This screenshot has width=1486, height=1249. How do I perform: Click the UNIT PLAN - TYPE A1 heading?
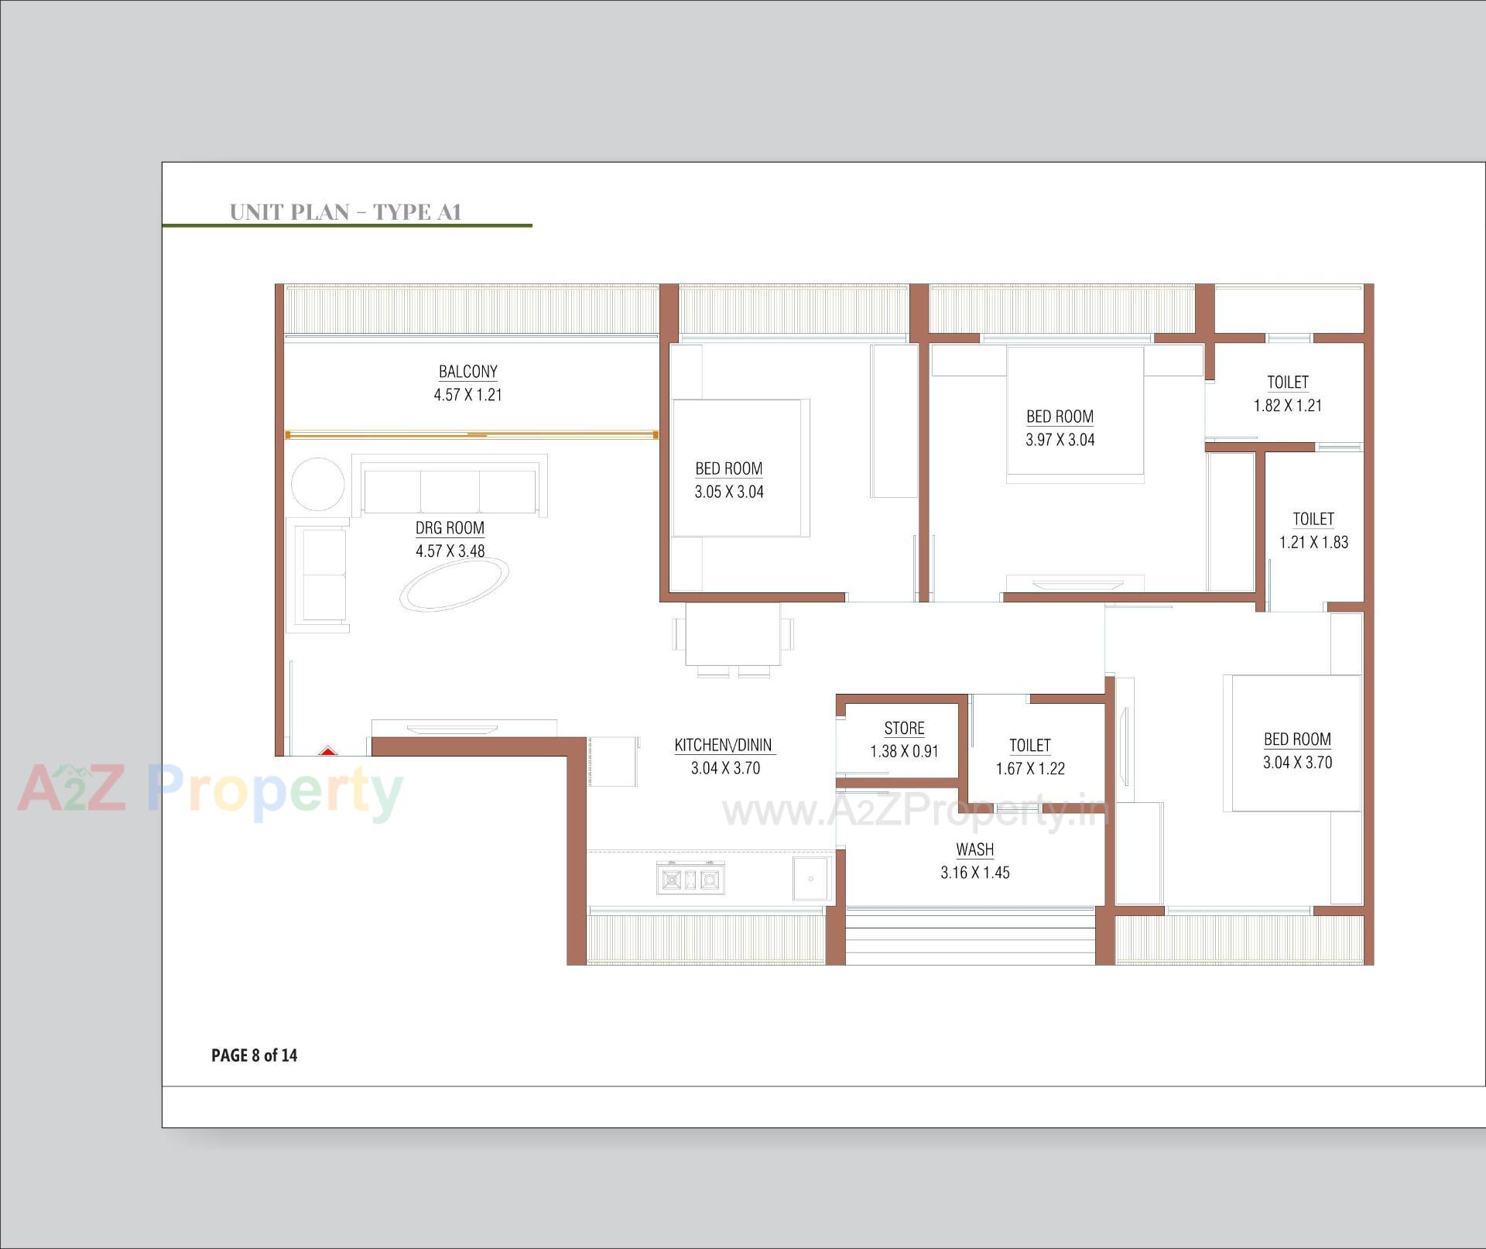pyautogui.click(x=345, y=211)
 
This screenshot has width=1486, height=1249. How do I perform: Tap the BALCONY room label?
pyautogui.click(x=467, y=372)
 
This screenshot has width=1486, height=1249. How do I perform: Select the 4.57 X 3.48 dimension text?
pyautogui.click(x=450, y=551)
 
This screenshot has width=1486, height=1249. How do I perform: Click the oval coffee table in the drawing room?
pyautogui.click(x=454, y=585)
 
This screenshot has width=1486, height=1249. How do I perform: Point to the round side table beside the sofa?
pyautogui.click(x=317, y=484)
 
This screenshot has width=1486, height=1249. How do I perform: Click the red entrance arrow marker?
pyautogui.click(x=327, y=750)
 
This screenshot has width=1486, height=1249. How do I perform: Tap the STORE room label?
pyautogui.click(x=904, y=729)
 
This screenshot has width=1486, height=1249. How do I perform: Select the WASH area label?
pyautogui.click(x=974, y=849)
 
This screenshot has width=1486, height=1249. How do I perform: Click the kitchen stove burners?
pyautogui.click(x=690, y=879)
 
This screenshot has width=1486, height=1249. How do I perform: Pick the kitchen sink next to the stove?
pyautogui.click(x=810, y=879)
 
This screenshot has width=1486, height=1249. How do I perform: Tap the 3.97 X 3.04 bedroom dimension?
pyautogui.click(x=1060, y=440)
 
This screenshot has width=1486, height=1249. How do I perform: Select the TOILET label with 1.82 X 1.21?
pyautogui.click(x=1287, y=383)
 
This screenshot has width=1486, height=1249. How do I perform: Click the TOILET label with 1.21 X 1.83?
pyautogui.click(x=1313, y=520)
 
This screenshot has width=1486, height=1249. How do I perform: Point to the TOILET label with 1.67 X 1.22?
pyautogui.click(x=1029, y=746)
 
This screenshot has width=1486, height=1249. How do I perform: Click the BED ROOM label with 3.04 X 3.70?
pyautogui.click(x=1297, y=739)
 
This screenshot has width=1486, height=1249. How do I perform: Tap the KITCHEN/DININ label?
pyautogui.click(x=723, y=746)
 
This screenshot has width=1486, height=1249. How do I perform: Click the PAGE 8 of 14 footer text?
pyautogui.click(x=254, y=1055)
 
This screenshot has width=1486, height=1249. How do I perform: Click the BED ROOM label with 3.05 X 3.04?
pyautogui.click(x=728, y=469)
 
